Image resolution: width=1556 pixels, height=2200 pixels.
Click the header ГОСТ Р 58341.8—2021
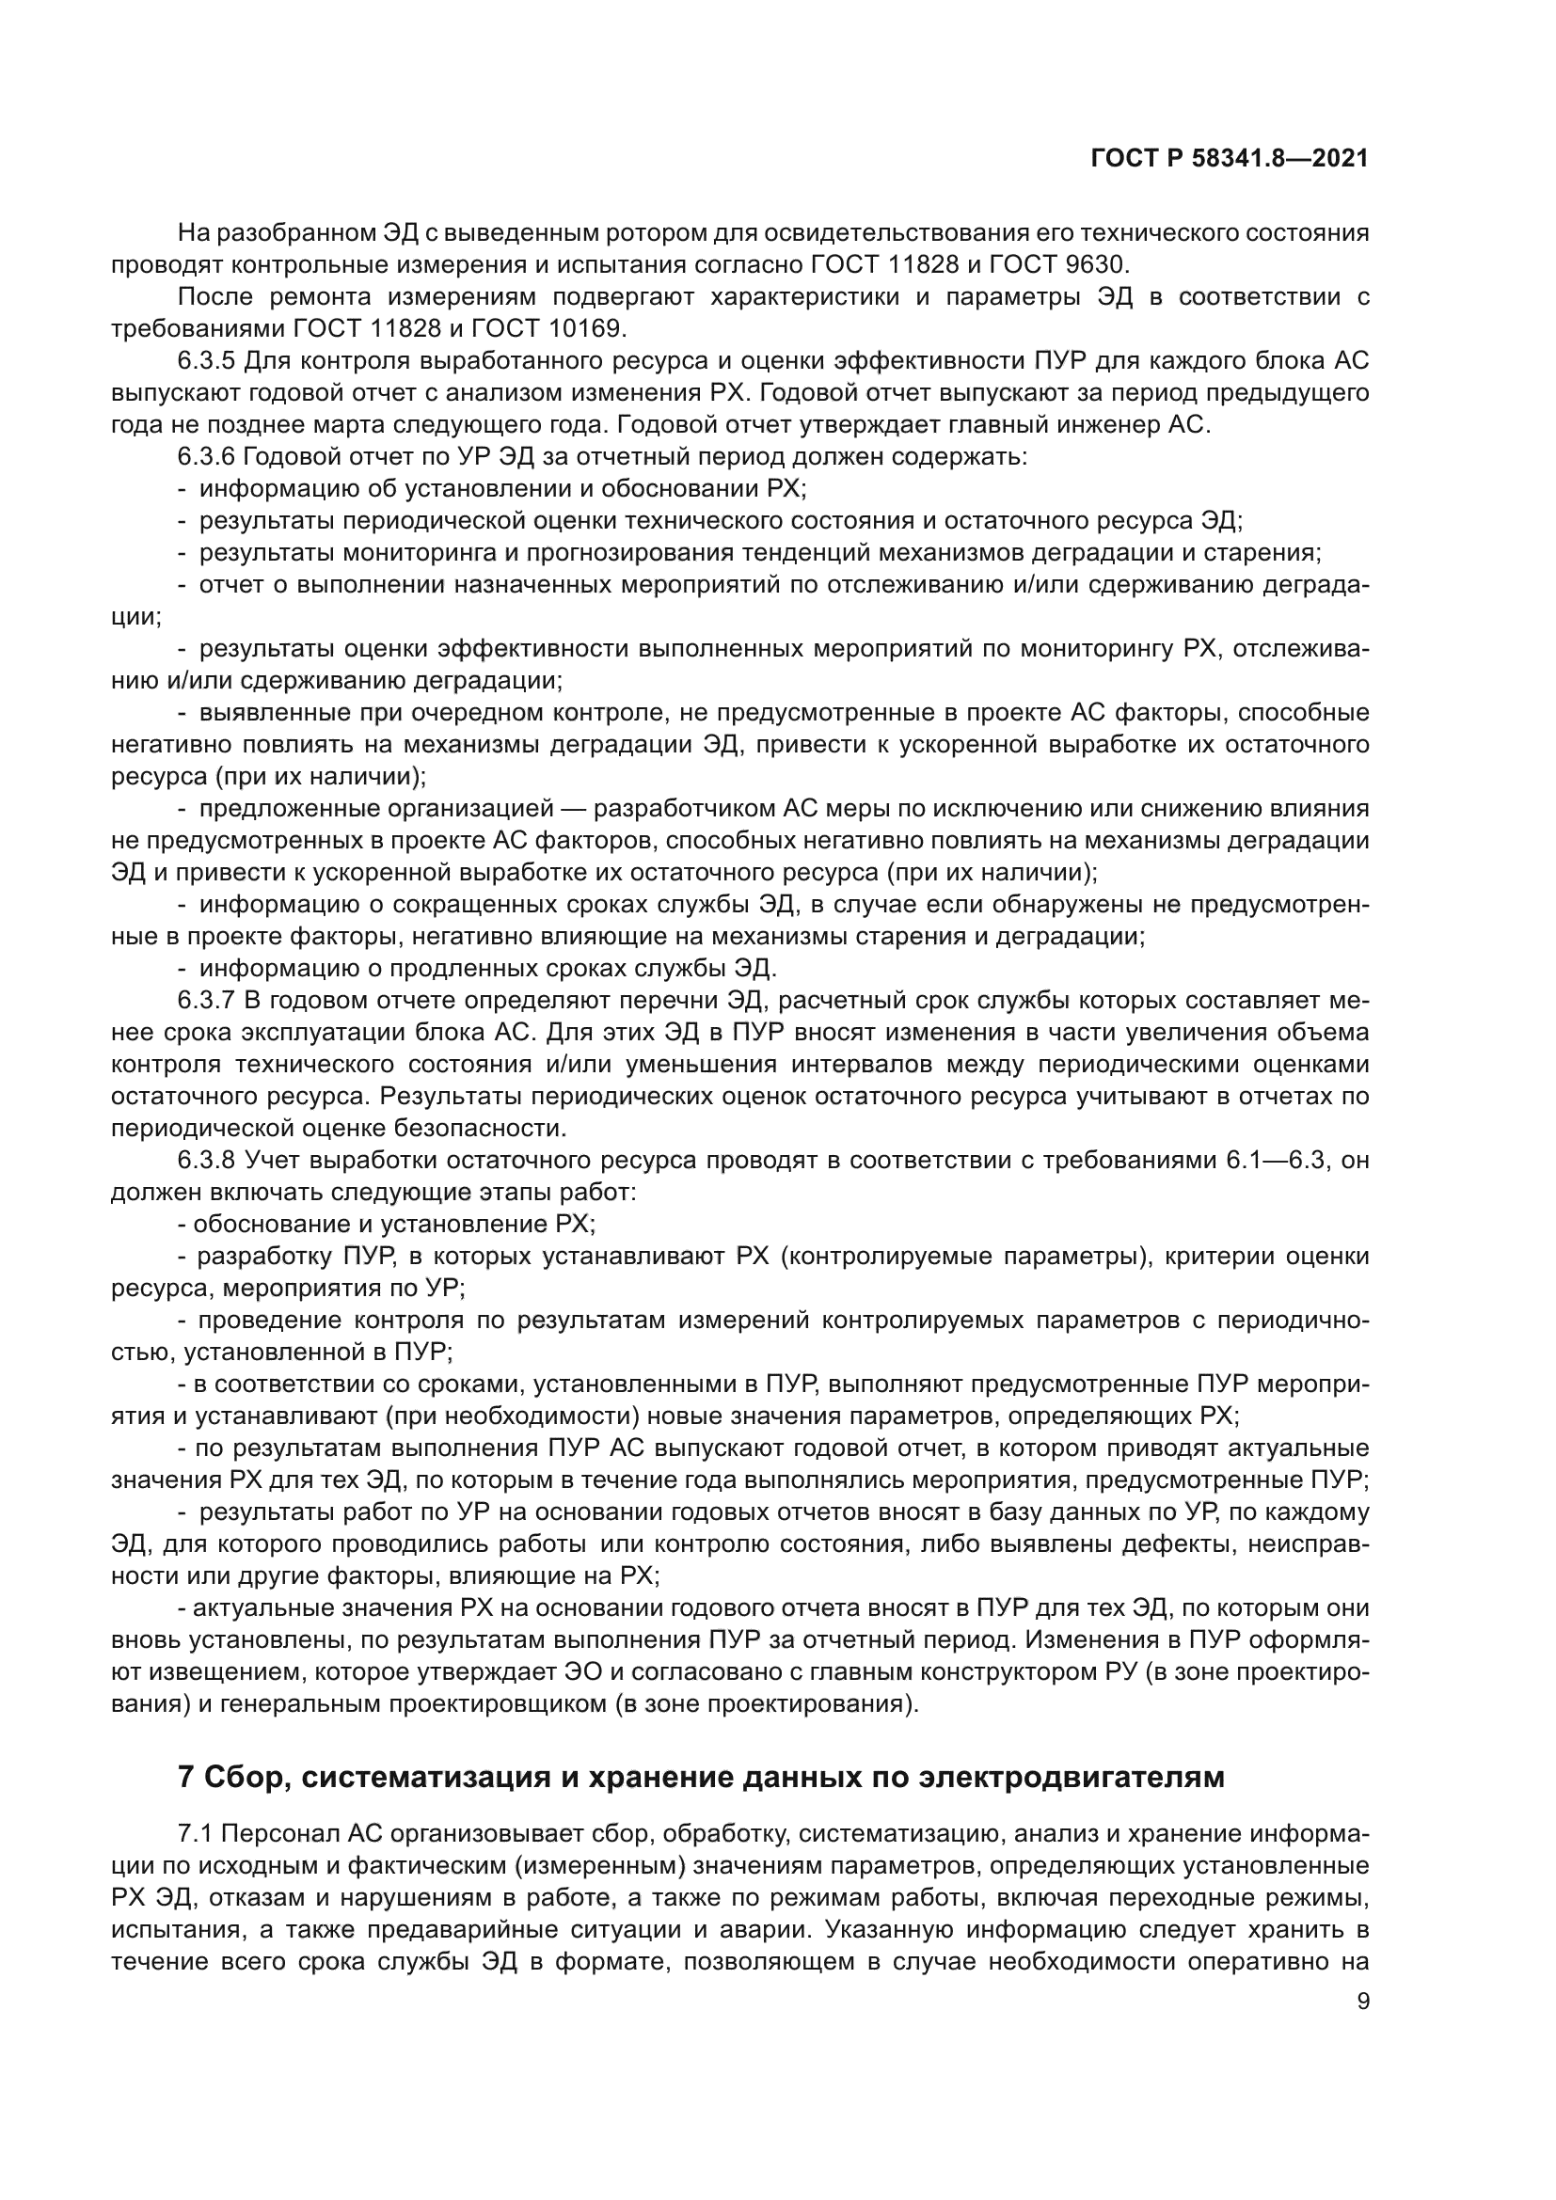[x=1230, y=159]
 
